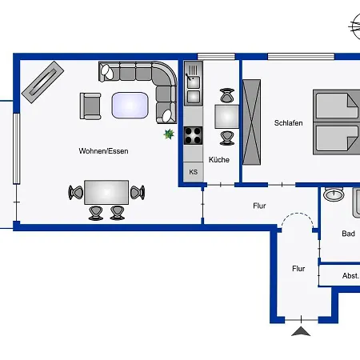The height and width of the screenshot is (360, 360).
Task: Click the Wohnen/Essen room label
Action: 103,151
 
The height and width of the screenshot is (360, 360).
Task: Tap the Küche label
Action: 219,159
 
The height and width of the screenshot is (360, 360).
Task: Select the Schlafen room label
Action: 288,123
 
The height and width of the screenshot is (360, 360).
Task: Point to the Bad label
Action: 348,234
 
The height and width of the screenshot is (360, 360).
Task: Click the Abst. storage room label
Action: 350,276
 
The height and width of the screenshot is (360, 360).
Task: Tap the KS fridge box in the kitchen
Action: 194,172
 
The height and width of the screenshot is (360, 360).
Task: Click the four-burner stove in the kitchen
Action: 194,135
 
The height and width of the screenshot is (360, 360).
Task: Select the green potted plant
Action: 169,134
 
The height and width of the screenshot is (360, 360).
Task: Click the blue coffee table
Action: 130,106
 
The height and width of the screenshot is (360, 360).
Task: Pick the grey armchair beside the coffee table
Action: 90,106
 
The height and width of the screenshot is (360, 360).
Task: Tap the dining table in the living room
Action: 106,192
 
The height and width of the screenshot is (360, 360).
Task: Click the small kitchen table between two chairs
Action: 226,117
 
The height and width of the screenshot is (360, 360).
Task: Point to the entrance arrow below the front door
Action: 301,331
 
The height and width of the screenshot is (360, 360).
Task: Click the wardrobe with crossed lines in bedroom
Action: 251,122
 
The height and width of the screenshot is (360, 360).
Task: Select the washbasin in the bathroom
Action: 334,194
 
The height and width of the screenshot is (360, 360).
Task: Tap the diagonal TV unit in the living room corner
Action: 42,82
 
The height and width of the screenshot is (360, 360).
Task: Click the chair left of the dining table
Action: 75,192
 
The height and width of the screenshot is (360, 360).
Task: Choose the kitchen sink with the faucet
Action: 194,81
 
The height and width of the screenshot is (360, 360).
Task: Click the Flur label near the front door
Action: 298,269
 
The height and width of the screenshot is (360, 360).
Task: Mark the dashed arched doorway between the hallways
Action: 298,214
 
